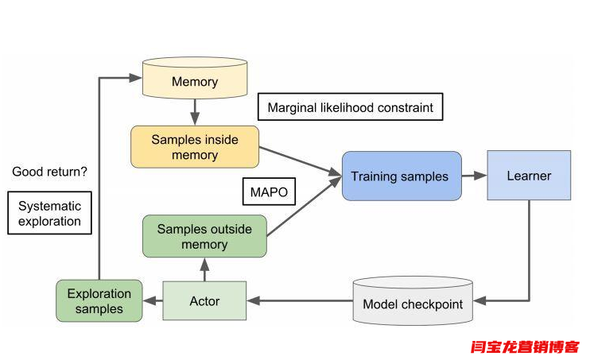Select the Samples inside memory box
195,147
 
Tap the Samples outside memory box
204,237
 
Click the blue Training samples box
401,176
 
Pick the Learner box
529,176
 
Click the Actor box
204,301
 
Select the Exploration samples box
99,301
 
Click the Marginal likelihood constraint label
350,107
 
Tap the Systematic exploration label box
49,213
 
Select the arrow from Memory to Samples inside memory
195,110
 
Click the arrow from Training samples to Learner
474,176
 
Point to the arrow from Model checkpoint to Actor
298,301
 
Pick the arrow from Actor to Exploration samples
153,301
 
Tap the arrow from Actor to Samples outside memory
204,269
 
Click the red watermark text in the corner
526,346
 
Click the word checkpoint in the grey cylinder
434,304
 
